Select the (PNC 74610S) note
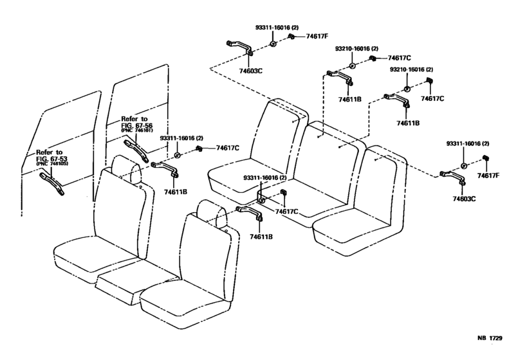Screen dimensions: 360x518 [52, 165]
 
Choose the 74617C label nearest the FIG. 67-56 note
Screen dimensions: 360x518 [227, 148]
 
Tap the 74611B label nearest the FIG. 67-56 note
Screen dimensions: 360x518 [175, 192]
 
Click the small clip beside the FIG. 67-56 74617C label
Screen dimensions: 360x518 [199, 148]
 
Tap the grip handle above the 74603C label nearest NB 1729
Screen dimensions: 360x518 [453, 175]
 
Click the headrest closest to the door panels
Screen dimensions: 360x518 [125, 168]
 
